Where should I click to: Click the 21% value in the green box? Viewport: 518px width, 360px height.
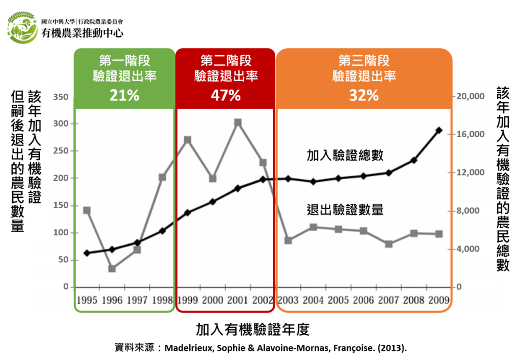[124, 95]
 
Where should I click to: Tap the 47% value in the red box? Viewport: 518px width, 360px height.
[226, 95]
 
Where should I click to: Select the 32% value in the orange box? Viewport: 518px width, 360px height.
[364, 95]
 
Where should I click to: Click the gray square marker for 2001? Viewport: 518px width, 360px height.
[238, 123]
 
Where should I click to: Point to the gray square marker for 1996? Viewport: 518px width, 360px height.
[112, 268]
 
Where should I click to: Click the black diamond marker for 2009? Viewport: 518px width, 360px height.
[439, 131]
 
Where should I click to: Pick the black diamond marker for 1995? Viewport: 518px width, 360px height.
[87, 253]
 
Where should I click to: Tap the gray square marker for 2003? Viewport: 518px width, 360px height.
[288, 240]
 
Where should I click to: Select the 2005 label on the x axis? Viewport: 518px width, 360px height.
[338, 300]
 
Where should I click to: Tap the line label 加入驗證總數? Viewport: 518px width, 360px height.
[345, 155]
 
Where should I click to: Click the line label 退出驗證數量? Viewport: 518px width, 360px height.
[345, 209]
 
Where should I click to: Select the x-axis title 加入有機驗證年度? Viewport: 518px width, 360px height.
[252, 330]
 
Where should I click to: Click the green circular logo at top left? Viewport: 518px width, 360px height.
[22, 28]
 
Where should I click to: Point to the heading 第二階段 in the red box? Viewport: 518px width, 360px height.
[226, 61]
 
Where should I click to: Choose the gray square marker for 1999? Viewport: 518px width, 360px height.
[188, 140]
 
